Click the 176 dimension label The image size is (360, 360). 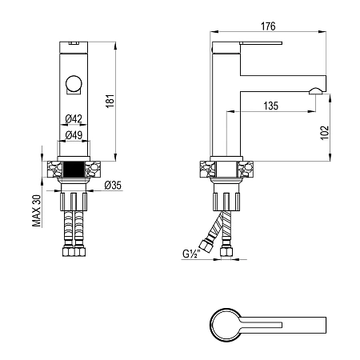(268, 26)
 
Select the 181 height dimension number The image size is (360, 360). (110, 101)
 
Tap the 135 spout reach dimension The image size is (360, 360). (270, 106)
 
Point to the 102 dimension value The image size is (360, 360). (325, 133)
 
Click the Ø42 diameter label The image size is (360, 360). (74, 118)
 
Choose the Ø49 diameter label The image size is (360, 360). (74, 135)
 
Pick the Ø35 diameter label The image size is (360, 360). (113, 185)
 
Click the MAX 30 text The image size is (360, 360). (37, 210)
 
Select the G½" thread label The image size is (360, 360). (191, 254)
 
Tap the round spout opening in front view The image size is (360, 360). (74, 83)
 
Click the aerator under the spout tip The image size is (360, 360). (315, 91)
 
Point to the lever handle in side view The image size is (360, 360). (261, 43)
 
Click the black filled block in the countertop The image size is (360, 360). (74, 169)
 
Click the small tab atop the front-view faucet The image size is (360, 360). (74, 42)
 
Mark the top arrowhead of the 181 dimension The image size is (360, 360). (115, 46)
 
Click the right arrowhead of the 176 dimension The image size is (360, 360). (322, 32)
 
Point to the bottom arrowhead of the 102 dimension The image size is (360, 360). (330, 158)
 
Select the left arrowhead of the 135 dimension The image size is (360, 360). (230, 111)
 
